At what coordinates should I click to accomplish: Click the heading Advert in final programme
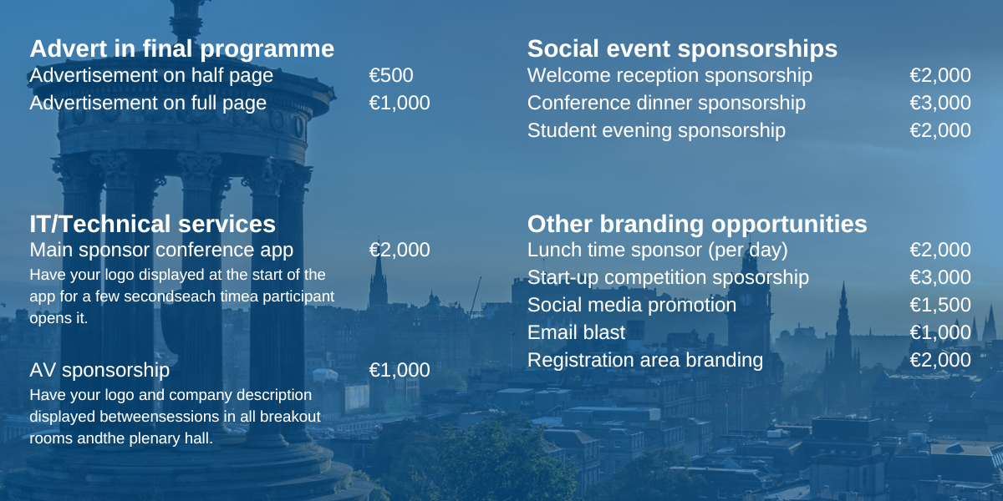[x=182, y=48]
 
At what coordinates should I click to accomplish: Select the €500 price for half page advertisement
[x=391, y=75]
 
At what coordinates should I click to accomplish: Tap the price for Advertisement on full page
[x=400, y=103]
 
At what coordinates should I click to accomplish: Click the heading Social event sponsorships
[x=682, y=48]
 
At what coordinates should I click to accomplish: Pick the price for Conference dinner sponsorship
[x=940, y=103]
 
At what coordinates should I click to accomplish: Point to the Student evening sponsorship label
[x=656, y=130]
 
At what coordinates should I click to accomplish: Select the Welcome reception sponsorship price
[x=940, y=75]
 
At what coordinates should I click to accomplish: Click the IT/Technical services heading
[x=152, y=224]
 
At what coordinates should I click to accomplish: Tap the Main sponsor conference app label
[x=161, y=250]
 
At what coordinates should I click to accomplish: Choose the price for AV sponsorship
[x=400, y=370]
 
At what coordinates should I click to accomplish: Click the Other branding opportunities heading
[x=697, y=224]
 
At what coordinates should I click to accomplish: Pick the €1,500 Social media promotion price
[x=940, y=305]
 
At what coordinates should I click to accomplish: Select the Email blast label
[x=576, y=332]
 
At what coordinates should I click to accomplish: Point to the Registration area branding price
[x=940, y=360]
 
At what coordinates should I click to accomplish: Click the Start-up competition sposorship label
[x=668, y=278]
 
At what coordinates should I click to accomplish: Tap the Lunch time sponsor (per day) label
[x=657, y=250]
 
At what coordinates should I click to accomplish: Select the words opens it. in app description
[x=59, y=318]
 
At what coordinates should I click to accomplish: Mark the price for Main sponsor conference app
[x=400, y=250]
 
